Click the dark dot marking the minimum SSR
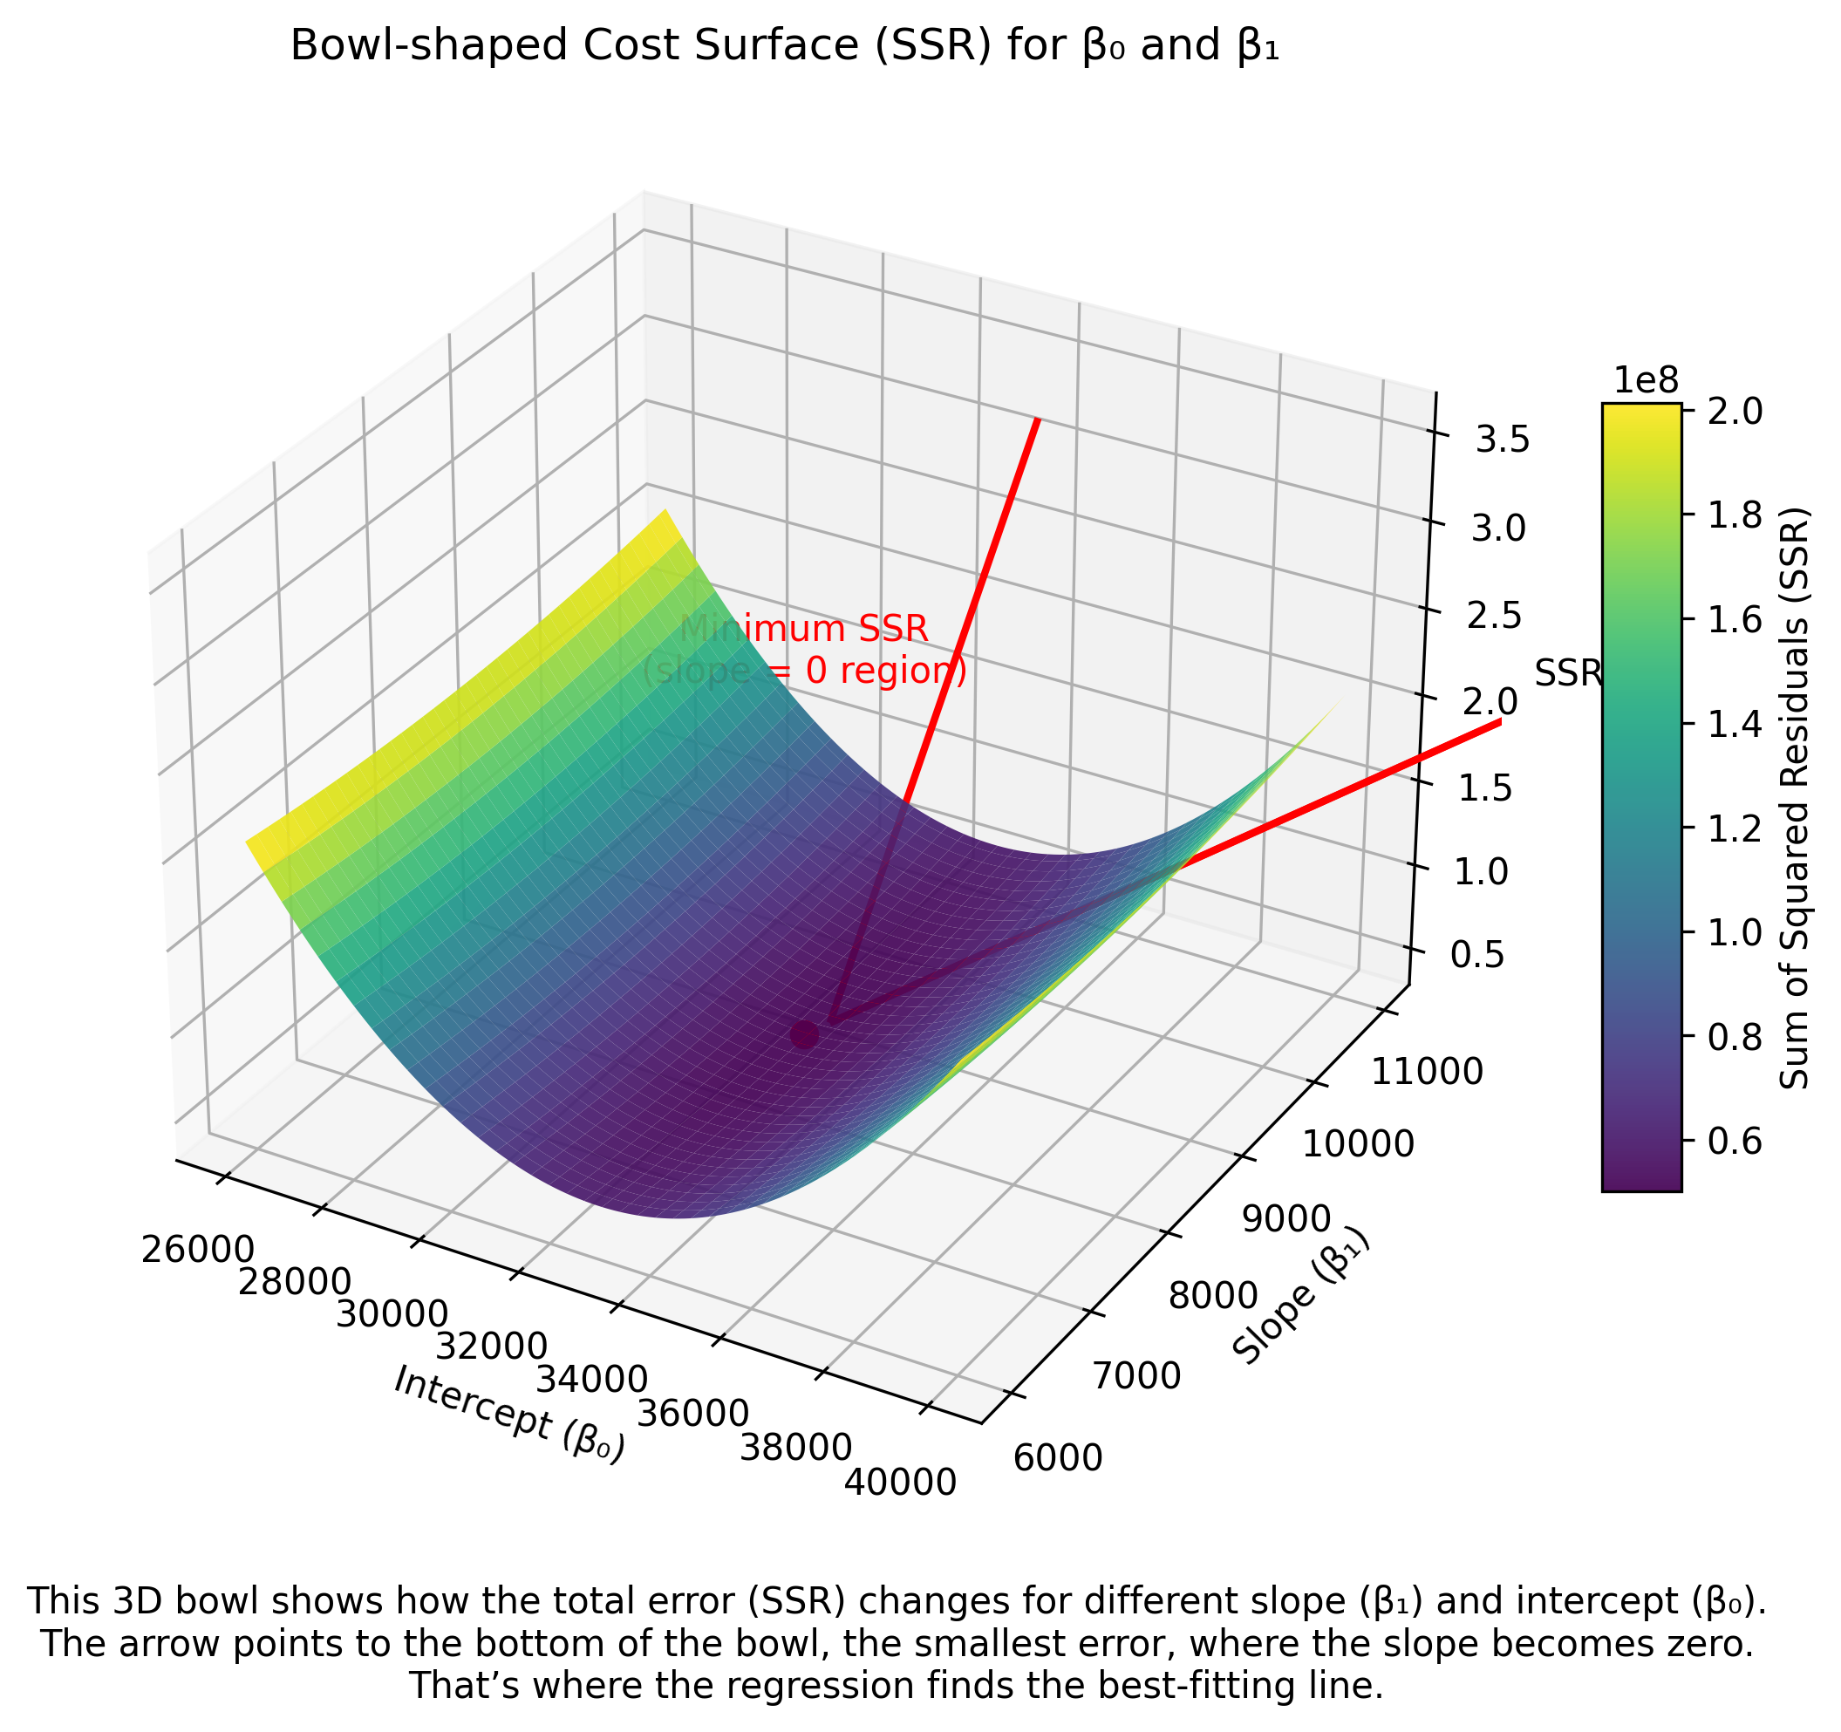tap(805, 1034)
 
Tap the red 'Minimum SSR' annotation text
tap(804, 629)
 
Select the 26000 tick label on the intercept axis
tap(198, 1249)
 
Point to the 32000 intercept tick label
tap(491, 1347)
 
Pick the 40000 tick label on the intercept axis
tap(900, 1483)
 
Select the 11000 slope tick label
tap(1426, 1073)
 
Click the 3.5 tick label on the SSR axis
tap(1502, 442)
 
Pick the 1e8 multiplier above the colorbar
tap(1646, 379)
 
